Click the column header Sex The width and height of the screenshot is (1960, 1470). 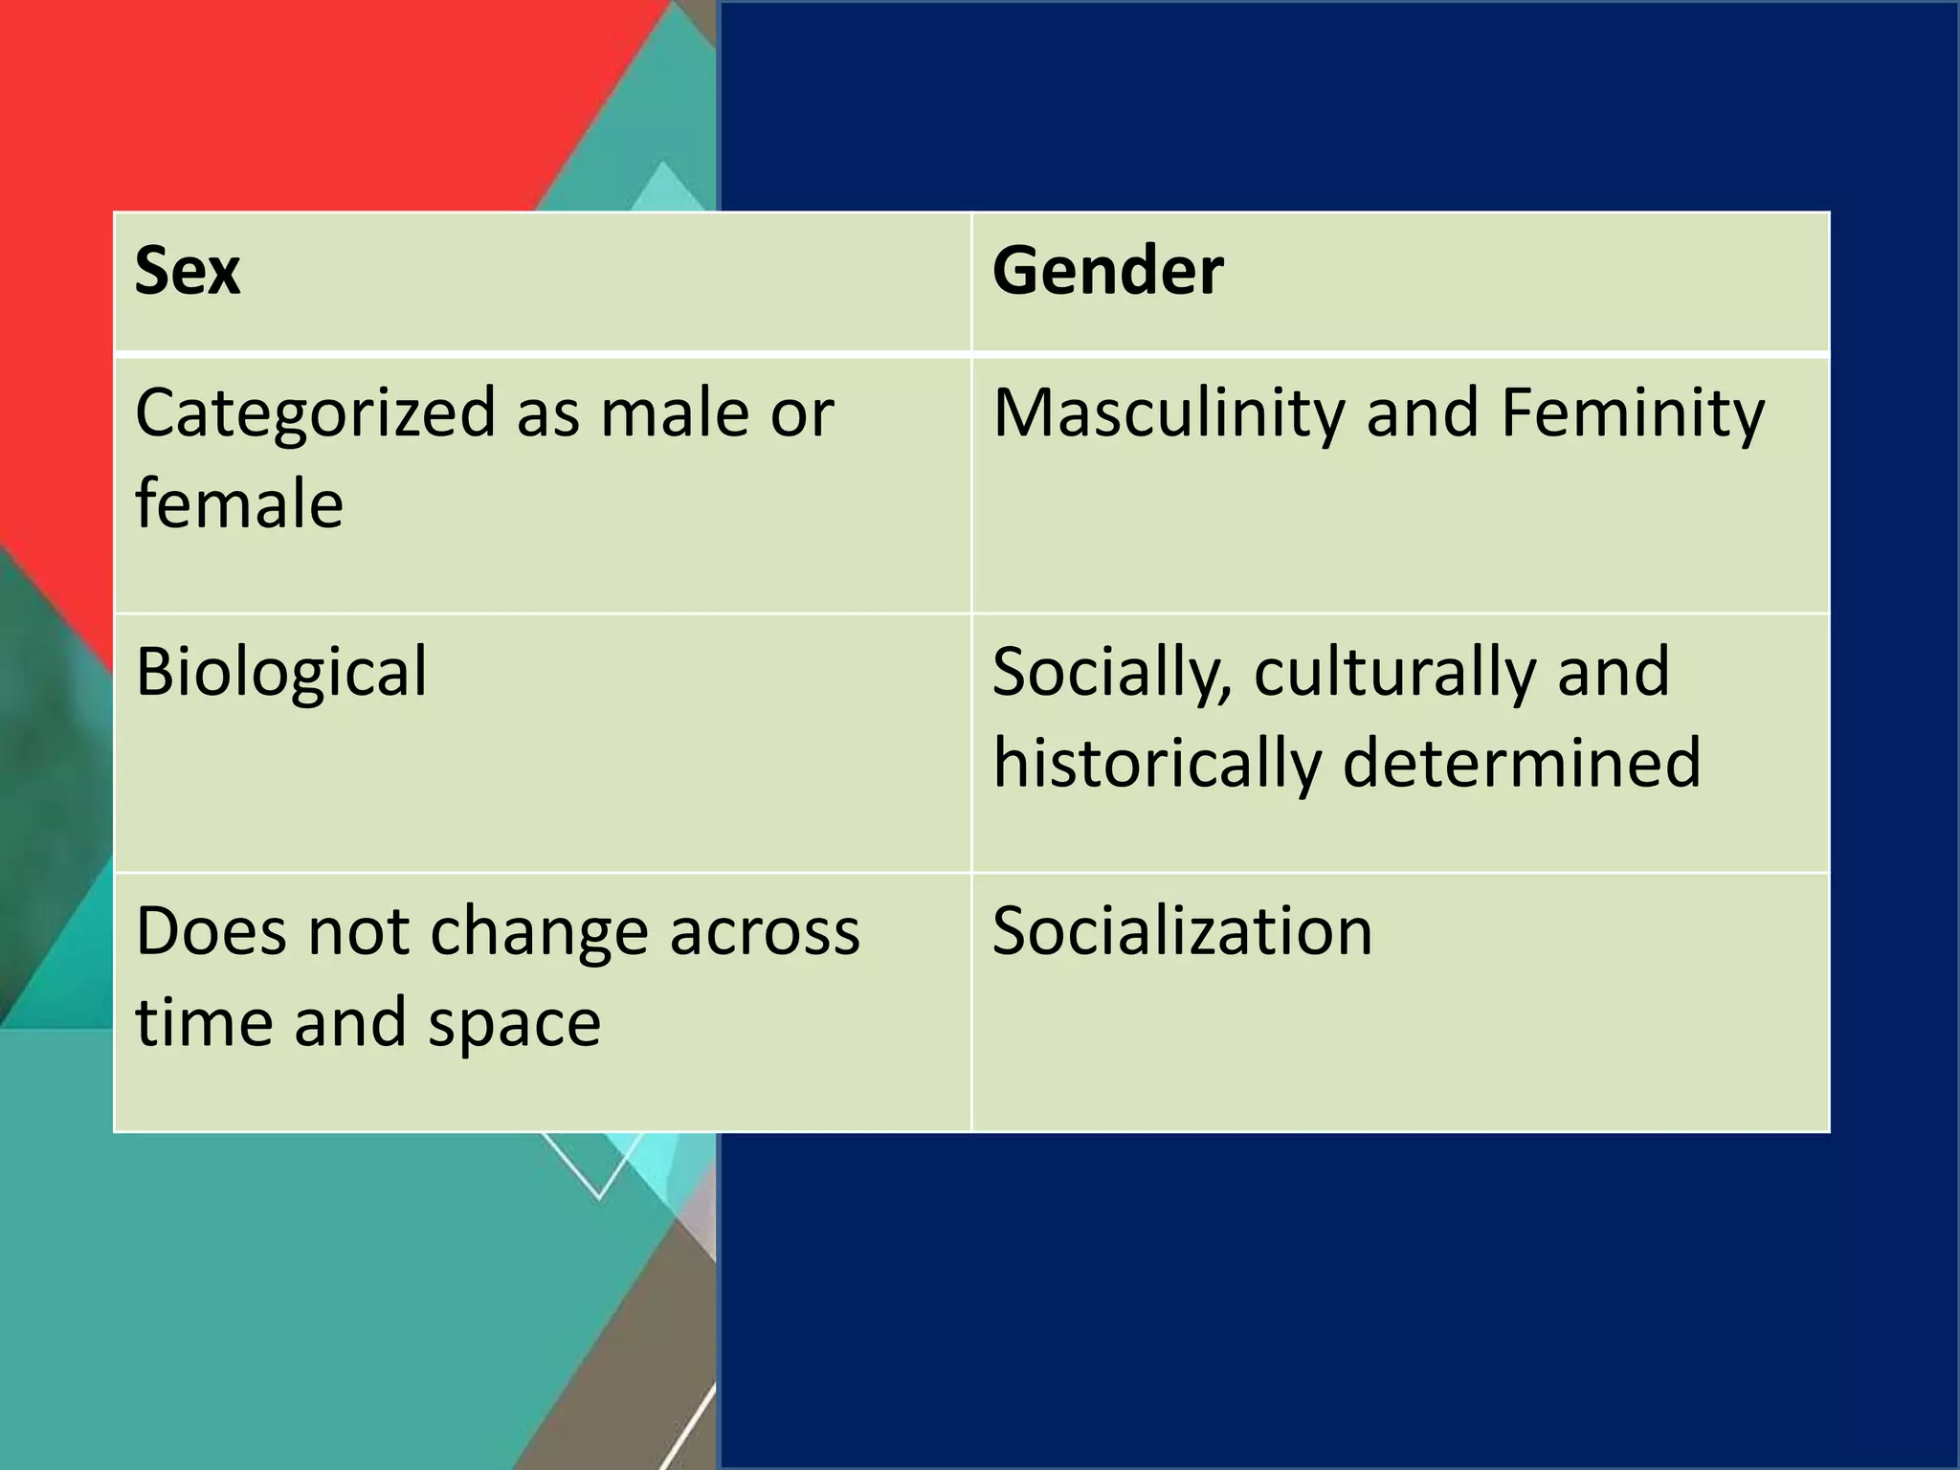click(x=188, y=271)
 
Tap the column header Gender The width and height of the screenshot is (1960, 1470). click(x=1107, y=271)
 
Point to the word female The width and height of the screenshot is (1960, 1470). click(x=239, y=504)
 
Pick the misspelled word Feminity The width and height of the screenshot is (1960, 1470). click(x=1632, y=414)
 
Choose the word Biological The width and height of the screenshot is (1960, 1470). click(x=281, y=672)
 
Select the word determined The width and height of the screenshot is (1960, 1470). click(x=1522, y=764)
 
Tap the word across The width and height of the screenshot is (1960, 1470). click(x=765, y=932)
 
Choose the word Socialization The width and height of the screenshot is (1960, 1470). click(x=1183, y=931)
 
